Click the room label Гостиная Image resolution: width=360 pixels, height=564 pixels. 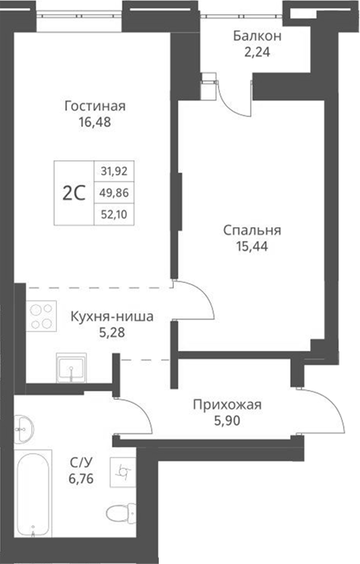pos(94,106)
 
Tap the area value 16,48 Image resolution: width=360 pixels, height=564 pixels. pos(94,121)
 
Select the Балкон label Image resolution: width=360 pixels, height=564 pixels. pos(257,36)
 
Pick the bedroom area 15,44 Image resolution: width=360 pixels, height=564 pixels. pos(253,246)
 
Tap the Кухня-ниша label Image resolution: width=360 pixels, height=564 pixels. pos(112,315)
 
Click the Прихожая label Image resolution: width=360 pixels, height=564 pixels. pos(226,404)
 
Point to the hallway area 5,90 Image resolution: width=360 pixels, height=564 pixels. pos(226,420)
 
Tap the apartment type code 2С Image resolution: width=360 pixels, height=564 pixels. pos(73,192)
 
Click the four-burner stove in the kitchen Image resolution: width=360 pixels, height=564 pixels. pos(42,315)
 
